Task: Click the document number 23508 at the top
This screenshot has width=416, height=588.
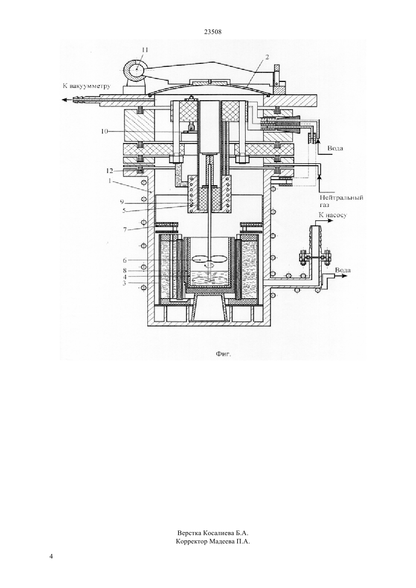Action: [213, 32]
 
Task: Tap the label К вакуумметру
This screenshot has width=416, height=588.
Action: [87, 86]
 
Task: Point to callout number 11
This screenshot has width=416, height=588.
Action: [145, 50]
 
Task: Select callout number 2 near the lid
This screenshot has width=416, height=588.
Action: [267, 57]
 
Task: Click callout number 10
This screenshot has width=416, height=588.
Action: [104, 131]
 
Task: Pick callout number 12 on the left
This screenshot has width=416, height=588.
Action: [110, 171]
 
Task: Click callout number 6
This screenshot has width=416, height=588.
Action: [125, 260]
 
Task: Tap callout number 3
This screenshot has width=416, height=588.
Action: [125, 283]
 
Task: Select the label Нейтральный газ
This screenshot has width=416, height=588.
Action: [341, 201]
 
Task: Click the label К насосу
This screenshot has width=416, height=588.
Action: [333, 215]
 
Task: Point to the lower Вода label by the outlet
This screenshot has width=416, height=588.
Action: [343, 270]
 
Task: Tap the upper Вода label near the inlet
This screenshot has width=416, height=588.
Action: [335, 148]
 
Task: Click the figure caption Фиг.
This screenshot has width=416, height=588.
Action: [223, 354]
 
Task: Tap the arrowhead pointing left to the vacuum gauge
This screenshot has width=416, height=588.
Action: [63, 99]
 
